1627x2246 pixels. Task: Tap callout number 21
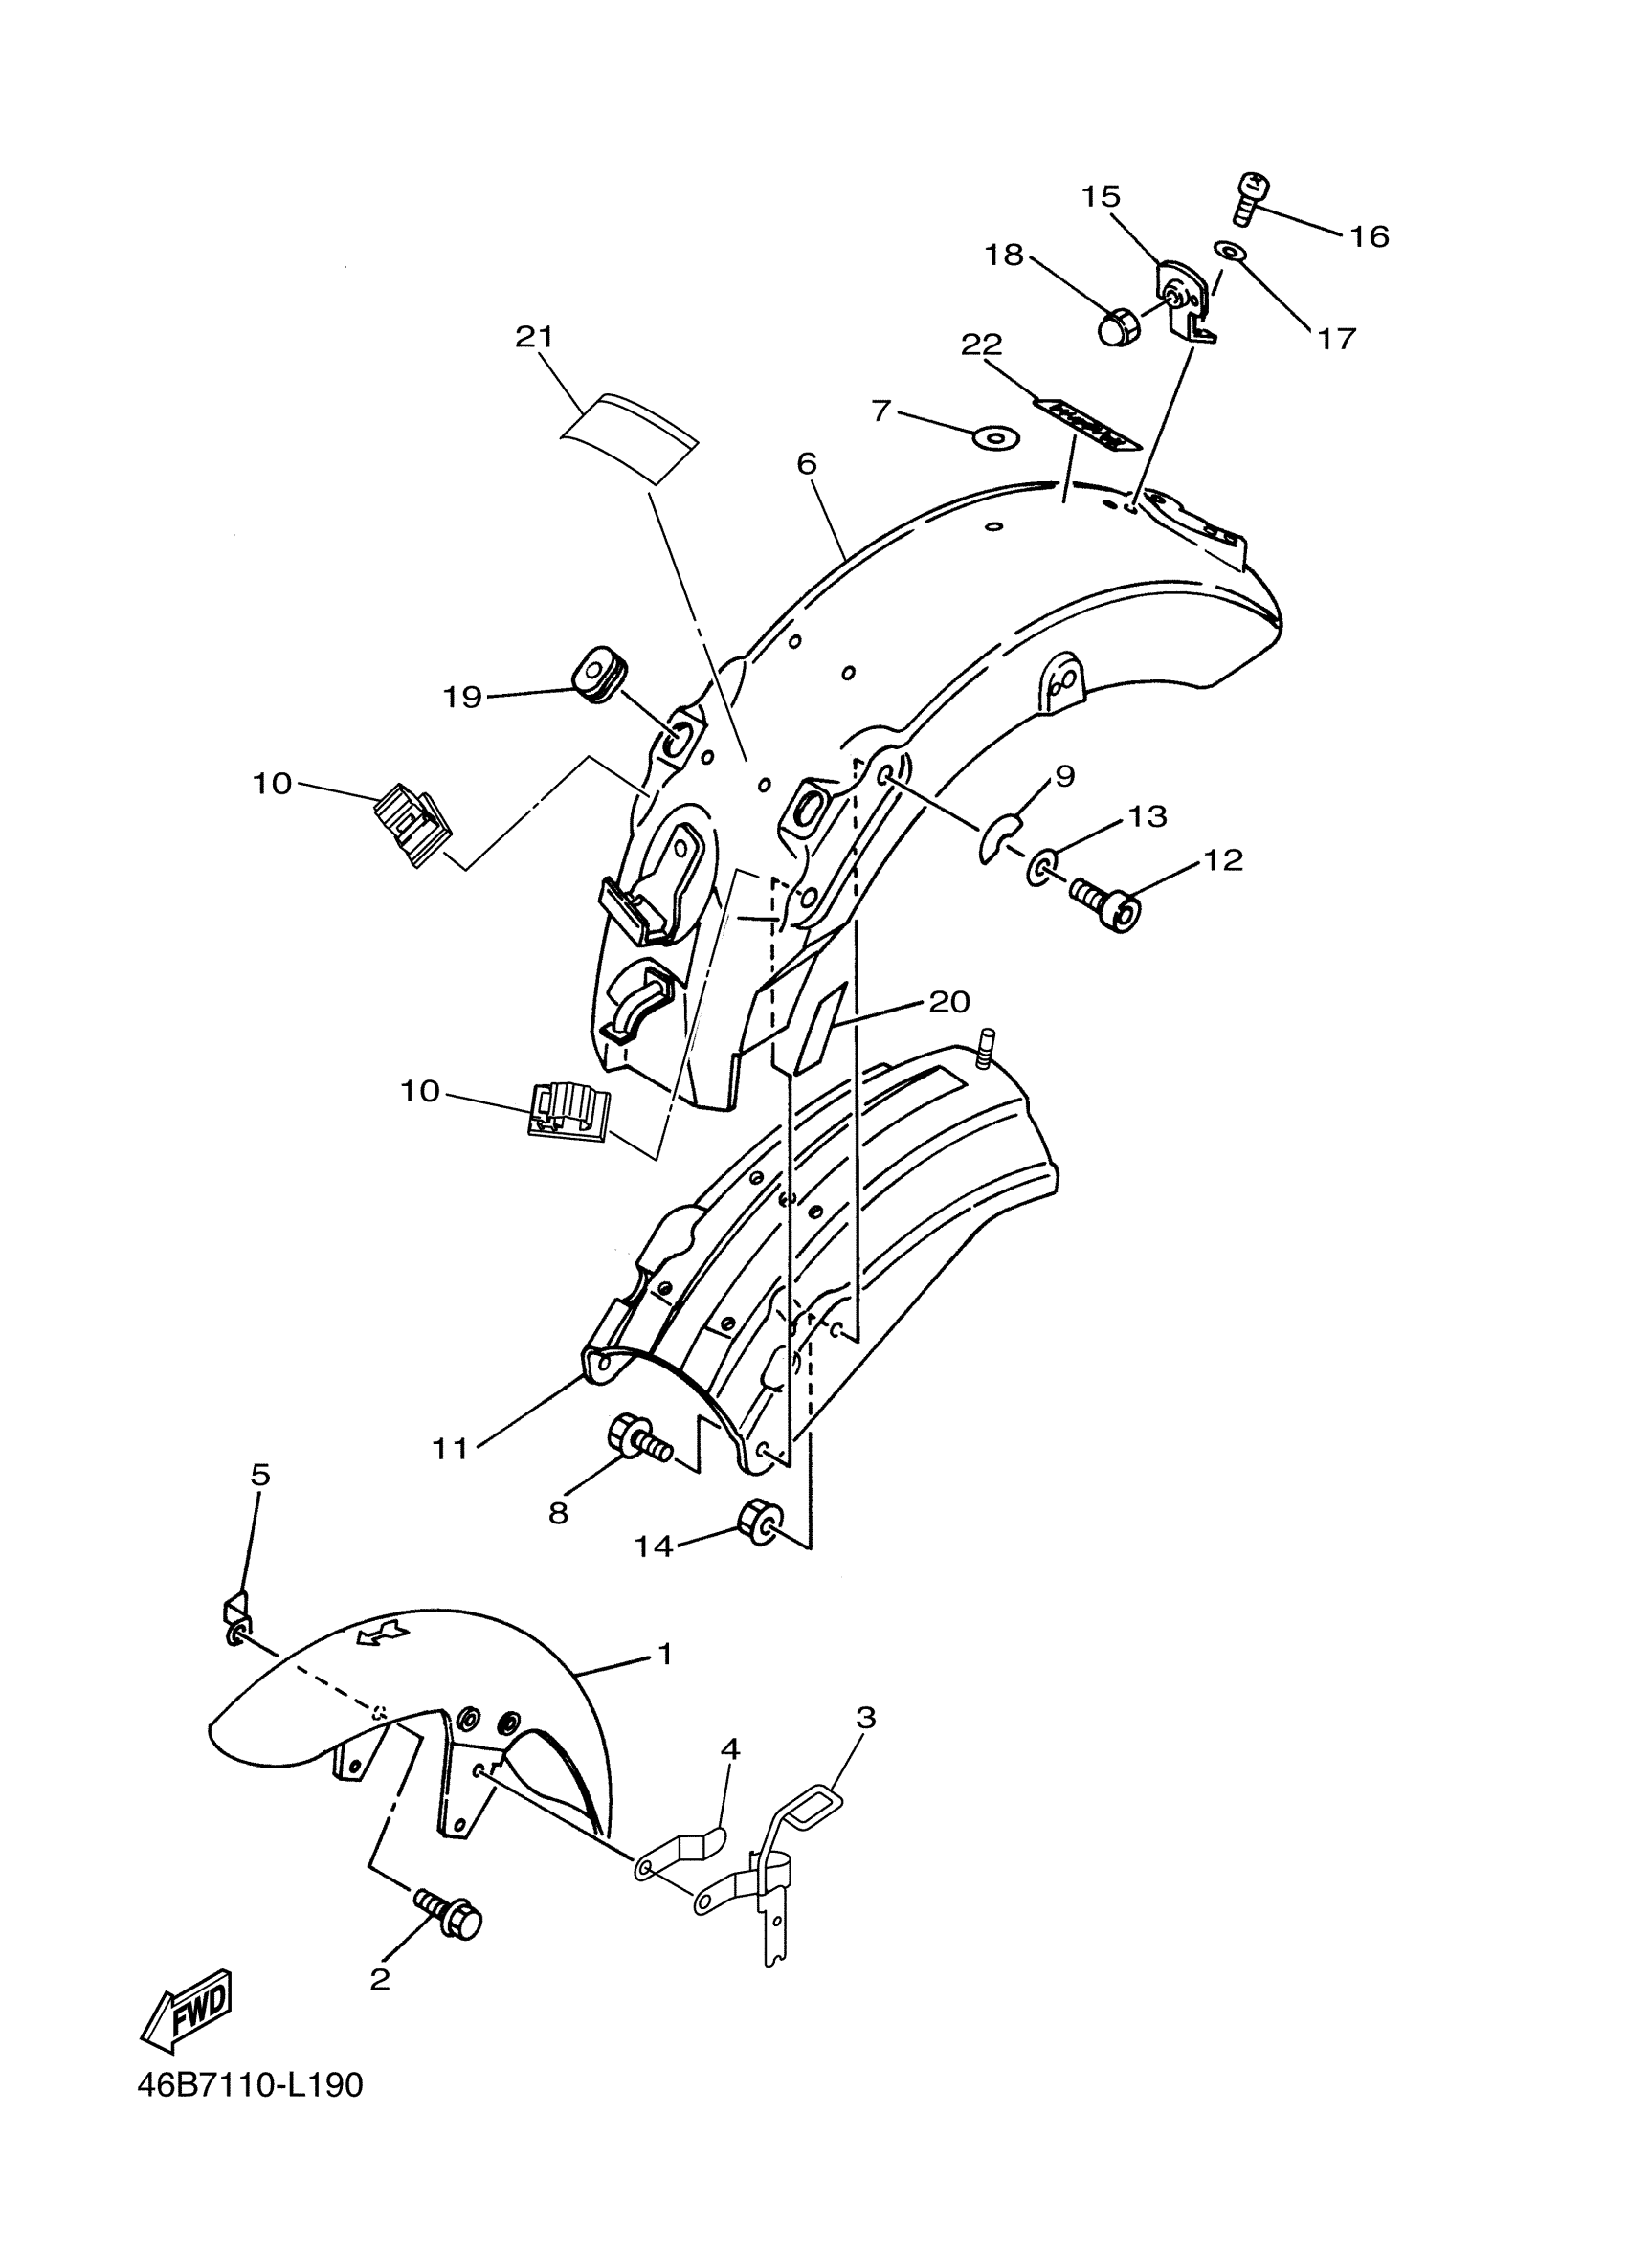(534, 338)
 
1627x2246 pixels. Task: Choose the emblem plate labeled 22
(1087, 425)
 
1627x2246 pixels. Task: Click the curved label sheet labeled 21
(627, 436)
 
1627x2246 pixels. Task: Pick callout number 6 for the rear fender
(806, 463)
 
